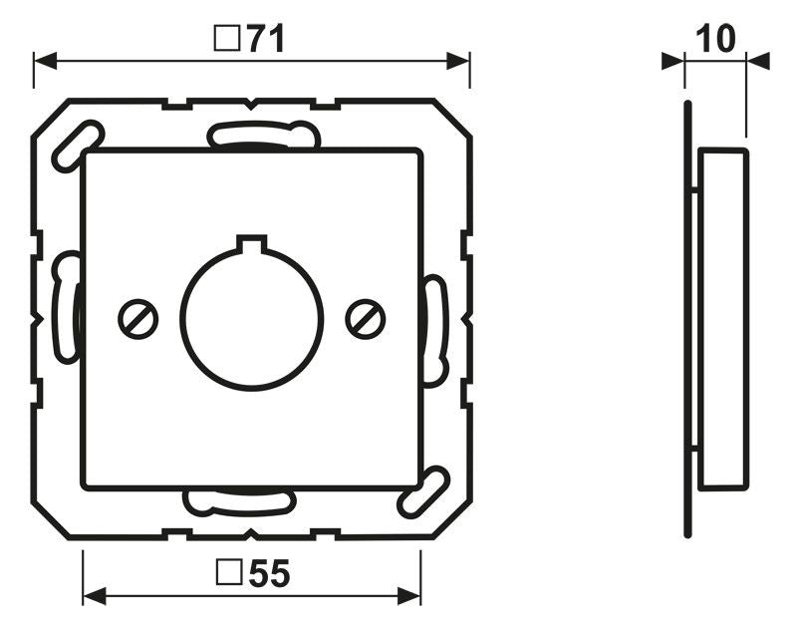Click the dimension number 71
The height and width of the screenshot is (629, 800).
266,39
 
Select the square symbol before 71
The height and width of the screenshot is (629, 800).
226,39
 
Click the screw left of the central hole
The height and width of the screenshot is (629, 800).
137,318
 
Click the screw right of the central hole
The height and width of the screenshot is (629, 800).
366,318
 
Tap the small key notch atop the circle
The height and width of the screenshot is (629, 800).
252,242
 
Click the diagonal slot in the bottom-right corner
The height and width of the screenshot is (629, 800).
423,492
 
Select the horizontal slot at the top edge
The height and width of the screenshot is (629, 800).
263,135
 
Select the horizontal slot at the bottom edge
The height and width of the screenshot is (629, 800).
238,501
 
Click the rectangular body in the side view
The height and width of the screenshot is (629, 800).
722,319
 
